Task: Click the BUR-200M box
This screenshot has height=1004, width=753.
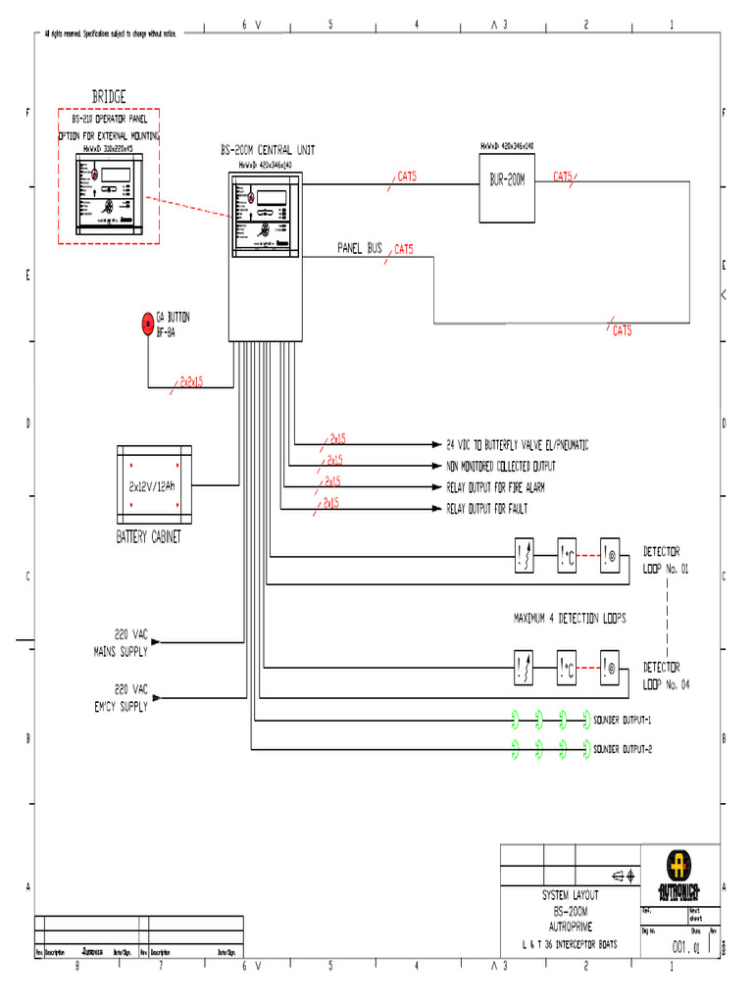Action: tap(508, 180)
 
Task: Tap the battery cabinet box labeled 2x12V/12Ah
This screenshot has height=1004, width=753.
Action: tap(154, 486)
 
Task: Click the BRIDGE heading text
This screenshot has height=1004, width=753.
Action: tap(109, 96)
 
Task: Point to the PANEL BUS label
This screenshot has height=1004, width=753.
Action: tap(360, 249)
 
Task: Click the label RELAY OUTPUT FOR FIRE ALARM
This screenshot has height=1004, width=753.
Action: tap(495, 487)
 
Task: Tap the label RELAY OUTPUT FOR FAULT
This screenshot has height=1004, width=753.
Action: tap(485, 509)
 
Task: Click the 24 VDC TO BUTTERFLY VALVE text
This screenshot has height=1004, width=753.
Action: tap(517, 444)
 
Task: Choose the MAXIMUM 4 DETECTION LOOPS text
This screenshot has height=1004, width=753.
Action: tap(569, 619)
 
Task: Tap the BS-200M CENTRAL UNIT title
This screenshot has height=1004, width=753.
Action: tap(267, 150)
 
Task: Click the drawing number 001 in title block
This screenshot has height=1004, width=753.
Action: tap(680, 948)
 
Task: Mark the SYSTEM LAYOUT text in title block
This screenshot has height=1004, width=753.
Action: tap(570, 895)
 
